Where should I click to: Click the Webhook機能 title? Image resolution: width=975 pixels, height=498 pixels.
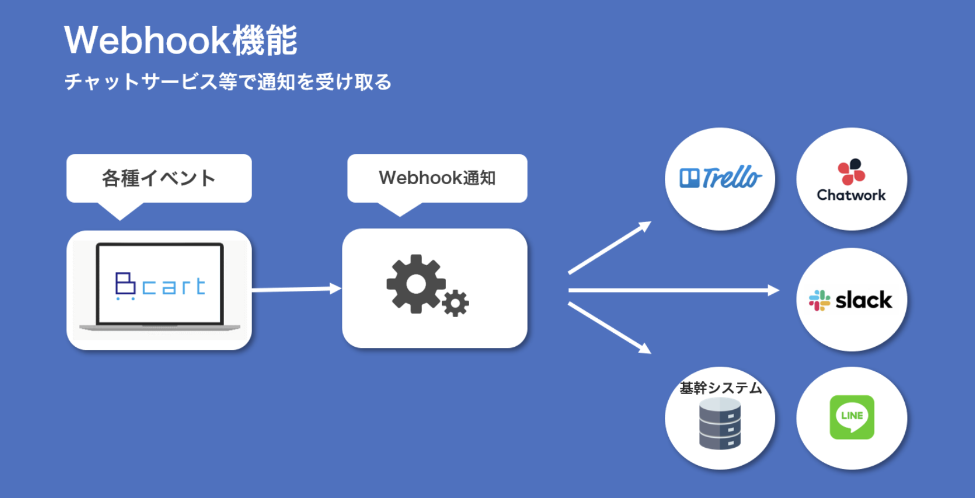pos(181,40)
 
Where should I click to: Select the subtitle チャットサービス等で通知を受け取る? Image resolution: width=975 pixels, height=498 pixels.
pos(228,82)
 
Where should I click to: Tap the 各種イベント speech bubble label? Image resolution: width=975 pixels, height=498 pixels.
pos(159,178)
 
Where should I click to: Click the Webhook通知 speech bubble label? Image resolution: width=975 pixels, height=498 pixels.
pos(437,178)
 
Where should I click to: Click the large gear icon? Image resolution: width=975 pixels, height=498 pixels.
pos(416,284)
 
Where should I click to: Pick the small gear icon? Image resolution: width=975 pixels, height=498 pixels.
pos(455,303)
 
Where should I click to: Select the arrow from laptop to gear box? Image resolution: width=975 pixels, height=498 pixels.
pos(296,289)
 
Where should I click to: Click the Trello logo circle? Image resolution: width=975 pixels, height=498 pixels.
pos(720,179)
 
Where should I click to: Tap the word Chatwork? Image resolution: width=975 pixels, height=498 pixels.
pos(851,195)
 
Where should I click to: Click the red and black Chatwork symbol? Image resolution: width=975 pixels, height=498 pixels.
pos(851,171)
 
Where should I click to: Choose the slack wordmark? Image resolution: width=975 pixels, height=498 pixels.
pos(863,300)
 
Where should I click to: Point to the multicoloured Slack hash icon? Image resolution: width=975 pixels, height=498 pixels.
pos(819,300)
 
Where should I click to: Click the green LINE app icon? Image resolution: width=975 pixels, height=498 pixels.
pos(852,417)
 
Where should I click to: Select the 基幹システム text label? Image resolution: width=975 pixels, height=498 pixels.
pos(720,388)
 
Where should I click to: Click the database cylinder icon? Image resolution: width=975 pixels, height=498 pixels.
pos(720,424)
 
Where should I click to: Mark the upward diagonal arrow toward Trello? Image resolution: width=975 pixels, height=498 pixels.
pos(609,248)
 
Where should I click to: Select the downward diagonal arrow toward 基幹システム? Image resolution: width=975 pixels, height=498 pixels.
pos(609,328)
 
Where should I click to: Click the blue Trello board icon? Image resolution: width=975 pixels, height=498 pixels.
pos(689,178)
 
